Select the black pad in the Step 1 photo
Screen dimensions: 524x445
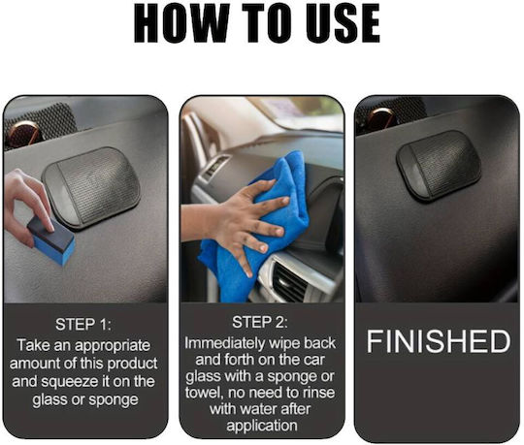(91, 188)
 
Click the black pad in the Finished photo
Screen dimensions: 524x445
(439, 166)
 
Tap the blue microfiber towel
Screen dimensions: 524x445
(256, 227)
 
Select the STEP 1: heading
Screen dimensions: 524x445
(83, 325)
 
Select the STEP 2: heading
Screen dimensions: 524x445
(260, 322)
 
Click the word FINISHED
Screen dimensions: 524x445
(439, 341)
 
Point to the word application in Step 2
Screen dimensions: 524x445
(262, 427)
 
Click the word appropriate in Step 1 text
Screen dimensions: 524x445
(113, 346)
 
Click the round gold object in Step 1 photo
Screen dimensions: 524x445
(24, 133)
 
